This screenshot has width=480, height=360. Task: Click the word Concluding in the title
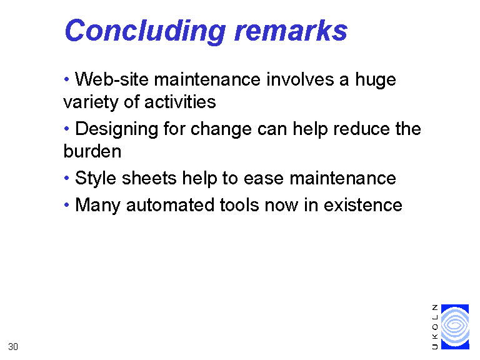[x=146, y=31]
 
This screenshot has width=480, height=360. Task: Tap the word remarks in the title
[x=291, y=31]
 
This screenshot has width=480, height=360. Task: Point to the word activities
[x=180, y=102]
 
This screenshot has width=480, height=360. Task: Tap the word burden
[x=92, y=151]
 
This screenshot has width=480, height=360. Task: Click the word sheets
[x=149, y=178]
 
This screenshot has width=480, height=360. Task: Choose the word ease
[x=264, y=179]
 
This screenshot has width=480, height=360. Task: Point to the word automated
[x=170, y=205]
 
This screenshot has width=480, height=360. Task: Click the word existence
[x=362, y=205]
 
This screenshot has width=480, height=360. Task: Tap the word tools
[x=239, y=205]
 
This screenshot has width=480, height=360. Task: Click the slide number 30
[x=13, y=347]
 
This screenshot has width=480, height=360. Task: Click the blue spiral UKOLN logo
[x=455, y=327]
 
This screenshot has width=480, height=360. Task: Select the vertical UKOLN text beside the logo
[x=435, y=327]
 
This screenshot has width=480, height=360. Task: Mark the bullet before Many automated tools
[x=66, y=204]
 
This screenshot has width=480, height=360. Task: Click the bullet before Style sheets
[x=66, y=177]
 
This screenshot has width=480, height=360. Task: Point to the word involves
[x=300, y=79]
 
